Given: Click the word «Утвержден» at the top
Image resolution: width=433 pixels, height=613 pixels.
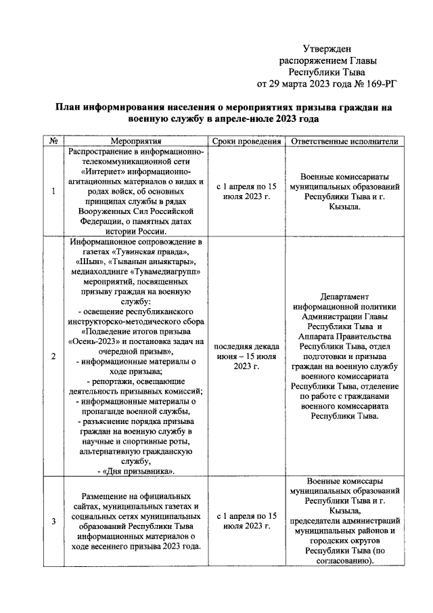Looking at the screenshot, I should click(327, 48).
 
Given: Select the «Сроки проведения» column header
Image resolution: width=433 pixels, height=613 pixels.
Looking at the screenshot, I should click(246, 142).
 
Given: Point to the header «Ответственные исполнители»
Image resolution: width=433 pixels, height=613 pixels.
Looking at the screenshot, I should click(345, 142).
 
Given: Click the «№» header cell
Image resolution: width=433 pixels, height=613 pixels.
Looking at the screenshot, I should click(53, 142).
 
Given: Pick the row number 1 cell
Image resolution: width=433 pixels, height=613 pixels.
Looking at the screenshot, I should click(53, 192).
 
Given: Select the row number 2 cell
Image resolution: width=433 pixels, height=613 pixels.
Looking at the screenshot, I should click(53, 356).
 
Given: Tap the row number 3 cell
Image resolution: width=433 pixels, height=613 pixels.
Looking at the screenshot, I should click(53, 521).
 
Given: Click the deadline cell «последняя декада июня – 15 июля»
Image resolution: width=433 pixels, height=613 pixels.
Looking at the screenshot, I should click(246, 356).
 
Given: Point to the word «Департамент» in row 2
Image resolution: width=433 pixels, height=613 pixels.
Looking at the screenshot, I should click(345, 295).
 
